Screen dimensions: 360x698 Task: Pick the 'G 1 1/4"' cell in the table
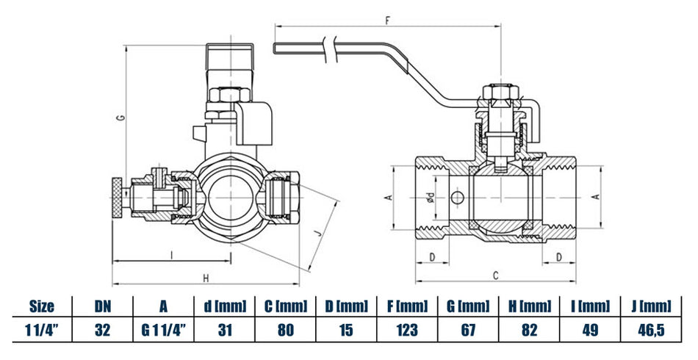(163, 330)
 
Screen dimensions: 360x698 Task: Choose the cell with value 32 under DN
(102, 330)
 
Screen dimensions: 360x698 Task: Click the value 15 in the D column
(345, 330)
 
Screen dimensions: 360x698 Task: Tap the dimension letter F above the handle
(387, 21)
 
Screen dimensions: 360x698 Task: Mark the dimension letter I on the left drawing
(171, 255)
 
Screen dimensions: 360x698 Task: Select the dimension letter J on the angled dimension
(317, 233)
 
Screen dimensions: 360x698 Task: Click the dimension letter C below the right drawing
(496, 276)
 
